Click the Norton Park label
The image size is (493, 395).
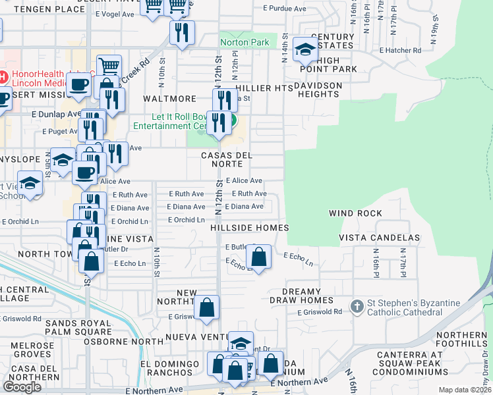(245, 43)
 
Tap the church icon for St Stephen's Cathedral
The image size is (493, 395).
(357, 306)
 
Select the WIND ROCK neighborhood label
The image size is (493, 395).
(355, 213)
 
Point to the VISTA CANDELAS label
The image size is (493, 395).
(379, 237)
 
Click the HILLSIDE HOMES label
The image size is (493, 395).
(249, 228)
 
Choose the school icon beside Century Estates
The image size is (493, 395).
(305, 49)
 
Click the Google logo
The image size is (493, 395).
(22, 386)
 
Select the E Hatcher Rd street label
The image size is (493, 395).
(400, 50)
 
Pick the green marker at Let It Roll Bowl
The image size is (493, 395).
(231, 122)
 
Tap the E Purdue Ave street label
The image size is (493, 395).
(285, 9)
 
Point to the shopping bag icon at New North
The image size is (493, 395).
(207, 306)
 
